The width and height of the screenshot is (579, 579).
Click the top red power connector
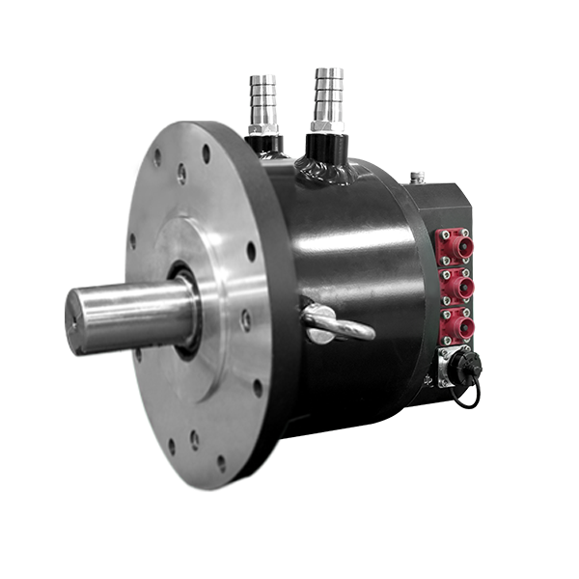coord(455,248)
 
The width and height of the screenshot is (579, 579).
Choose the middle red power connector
coord(455,288)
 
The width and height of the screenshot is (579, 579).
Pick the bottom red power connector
coord(455,326)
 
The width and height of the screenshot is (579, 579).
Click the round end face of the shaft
coord(81,321)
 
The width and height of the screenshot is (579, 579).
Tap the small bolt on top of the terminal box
coord(416,178)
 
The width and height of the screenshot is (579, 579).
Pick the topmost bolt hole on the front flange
coord(206,153)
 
